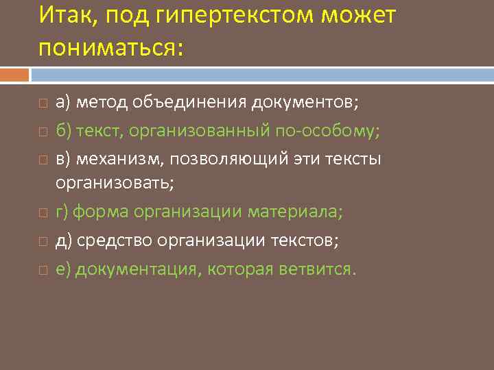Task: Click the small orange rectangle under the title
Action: point(14,74)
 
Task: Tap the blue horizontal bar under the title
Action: point(261,74)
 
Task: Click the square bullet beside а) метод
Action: point(43,103)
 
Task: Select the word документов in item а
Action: point(305,102)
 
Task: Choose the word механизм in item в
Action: point(121,158)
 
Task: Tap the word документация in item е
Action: point(136,269)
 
